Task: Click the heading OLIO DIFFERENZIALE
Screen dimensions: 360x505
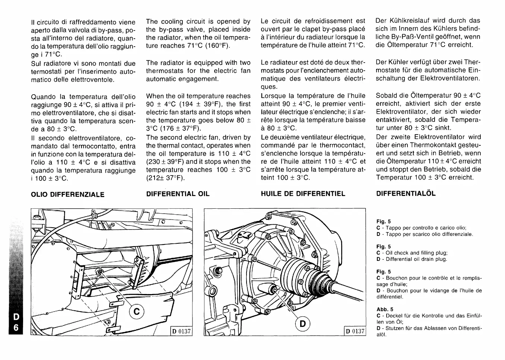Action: click(x=67, y=194)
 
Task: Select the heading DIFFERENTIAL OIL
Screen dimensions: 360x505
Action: click(x=178, y=194)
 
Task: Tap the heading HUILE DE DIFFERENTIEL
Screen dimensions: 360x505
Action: click(x=303, y=194)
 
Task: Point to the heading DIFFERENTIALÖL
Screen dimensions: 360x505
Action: click(x=406, y=193)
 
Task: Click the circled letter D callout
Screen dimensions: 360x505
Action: click(x=303, y=323)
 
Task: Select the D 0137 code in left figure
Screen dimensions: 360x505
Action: click(x=181, y=331)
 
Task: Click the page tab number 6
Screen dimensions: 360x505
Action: click(x=16, y=328)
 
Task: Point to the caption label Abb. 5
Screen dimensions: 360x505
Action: click(x=385, y=309)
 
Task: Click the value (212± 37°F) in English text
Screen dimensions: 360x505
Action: click(x=165, y=178)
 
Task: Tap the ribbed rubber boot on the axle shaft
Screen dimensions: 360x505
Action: click(x=300, y=276)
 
